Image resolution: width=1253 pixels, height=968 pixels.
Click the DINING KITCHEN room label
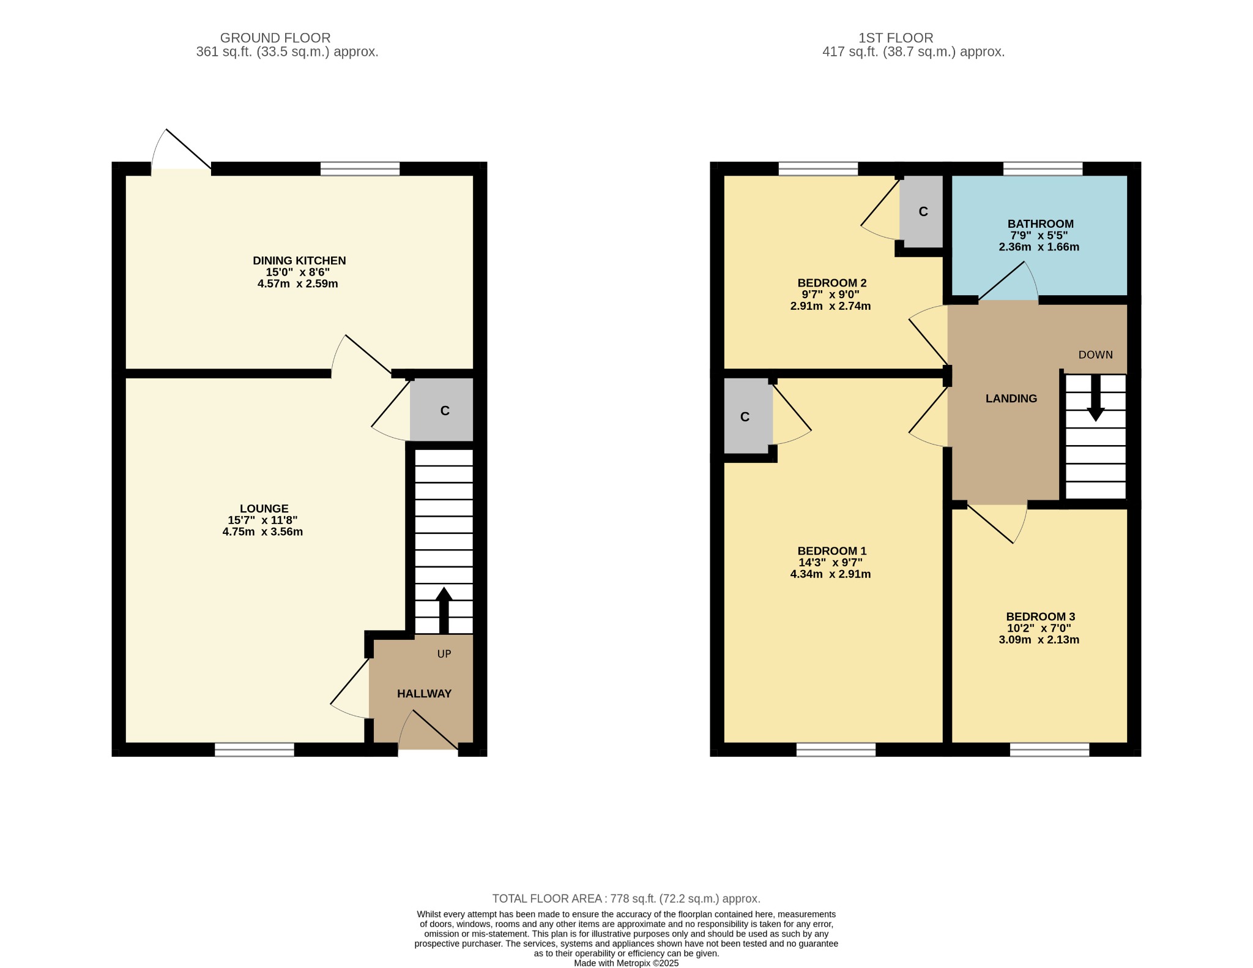pyautogui.click(x=299, y=261)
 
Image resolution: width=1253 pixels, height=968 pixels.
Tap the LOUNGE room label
pyautogui.click(x=264, y=509)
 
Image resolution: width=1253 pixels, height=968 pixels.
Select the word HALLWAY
pyautogui.click(x=424, y=694)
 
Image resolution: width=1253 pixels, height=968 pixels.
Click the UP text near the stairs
pyautogui.click(x=444, y=654)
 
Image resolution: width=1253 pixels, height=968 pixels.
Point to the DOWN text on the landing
pyautogui.click(x=1095, y=355)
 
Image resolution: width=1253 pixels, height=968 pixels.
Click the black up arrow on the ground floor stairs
pyautogui.click(x=444, y=610)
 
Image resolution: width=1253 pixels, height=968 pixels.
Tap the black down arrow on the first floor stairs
pyautogui.click(x=1095, y=398)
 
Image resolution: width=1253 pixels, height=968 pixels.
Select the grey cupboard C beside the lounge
pyautogui.click(x=443, y=410)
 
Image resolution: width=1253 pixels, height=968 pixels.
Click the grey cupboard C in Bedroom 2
pyautogui.click(x=923, y=211)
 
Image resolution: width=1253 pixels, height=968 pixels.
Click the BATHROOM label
pyautogui.click(x=1040, y=224)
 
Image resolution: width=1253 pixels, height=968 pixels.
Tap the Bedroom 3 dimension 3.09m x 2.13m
pyautogui.click(x=1039, y=640)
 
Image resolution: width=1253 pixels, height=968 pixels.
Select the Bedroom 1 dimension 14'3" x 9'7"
pyautogui.click(x=830, y=563)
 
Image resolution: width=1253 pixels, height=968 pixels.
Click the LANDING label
pyautogui.click(x=1011, y=399)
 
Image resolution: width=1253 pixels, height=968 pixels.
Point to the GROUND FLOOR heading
pyautogui.click(x=275, y=38)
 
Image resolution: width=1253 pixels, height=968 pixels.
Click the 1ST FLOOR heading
pyautogui.click(x=896, y=38)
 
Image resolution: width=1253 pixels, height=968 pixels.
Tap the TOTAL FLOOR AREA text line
pyautogui.click(x=626, y=899)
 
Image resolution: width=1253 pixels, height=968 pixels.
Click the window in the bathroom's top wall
pyautogui.click(x=1043, y=168)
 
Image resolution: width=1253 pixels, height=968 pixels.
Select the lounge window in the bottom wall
pyautogui.click(x=254, y=749)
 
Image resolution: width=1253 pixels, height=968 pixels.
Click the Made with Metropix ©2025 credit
pyautogui.click(x=626, y=963)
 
